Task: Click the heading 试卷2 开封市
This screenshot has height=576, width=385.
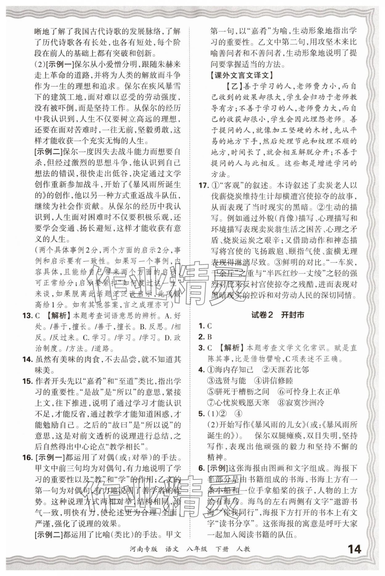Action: pos(278,314)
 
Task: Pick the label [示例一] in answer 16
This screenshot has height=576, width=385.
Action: pos(49,457)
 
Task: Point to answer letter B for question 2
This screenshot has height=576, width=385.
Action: pos(210,337)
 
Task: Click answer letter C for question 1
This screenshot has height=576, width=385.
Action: pos(210,326)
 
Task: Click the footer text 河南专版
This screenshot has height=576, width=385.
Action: pos(146,549)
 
